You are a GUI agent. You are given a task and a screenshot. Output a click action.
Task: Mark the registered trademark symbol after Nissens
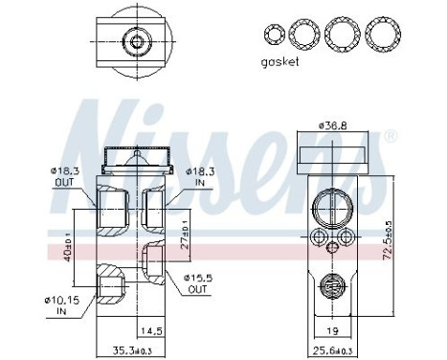(390, 137)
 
